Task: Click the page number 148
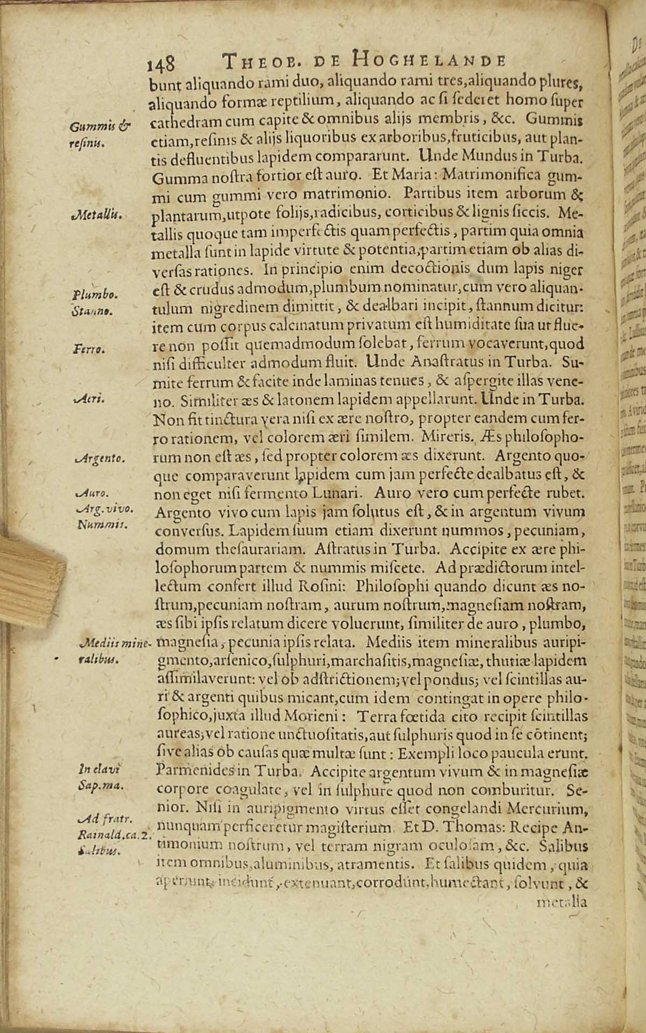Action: coord(160,64)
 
